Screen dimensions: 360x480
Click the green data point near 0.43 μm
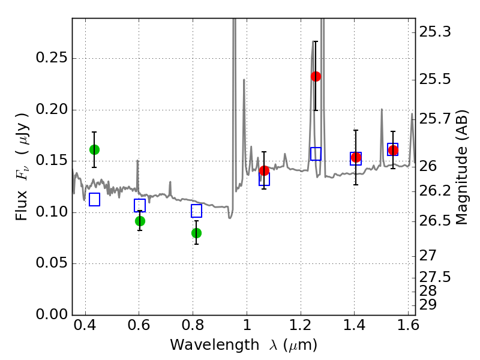[94, 149]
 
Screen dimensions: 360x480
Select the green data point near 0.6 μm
[140, 221]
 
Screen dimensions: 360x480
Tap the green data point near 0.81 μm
[196, 233]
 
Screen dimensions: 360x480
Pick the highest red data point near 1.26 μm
[316, 76]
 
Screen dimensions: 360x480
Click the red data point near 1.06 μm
[264, 170]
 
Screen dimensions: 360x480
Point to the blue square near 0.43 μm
[94, 200]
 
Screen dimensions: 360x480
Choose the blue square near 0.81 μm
[196, 211]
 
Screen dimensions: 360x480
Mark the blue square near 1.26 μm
[316, 154]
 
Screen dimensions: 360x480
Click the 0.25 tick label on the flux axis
[52, 59]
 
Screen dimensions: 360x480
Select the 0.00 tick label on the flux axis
[52, 315]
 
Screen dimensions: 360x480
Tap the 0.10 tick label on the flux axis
[52, 212]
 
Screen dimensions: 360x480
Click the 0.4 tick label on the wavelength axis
[85, 328]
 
